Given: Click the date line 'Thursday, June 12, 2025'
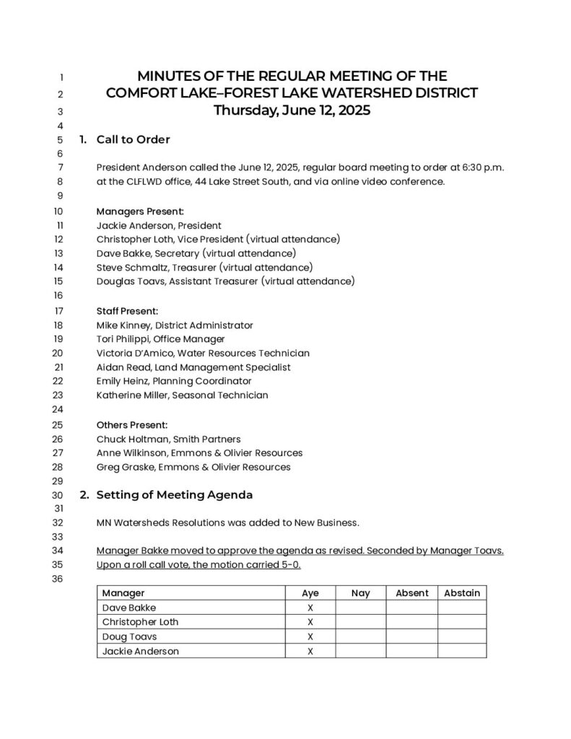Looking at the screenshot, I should point(292,110).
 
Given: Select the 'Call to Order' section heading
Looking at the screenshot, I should point(133,139).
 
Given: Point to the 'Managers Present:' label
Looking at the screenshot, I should point(140,211).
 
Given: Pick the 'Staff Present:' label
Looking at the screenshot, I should point(127,311).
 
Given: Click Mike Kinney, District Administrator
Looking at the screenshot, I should point(175,325).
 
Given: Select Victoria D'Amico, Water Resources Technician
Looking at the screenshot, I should point(203,353).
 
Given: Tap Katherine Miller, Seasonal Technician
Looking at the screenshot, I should point(182,395).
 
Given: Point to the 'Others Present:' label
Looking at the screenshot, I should point(132,424).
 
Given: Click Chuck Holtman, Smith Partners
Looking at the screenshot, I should point(169,439).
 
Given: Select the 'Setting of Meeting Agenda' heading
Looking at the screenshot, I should point(175,495).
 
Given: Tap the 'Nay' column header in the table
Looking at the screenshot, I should point(360,593).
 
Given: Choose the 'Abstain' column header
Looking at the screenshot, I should point(462,593).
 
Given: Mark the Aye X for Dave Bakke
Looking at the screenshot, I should point(310,608).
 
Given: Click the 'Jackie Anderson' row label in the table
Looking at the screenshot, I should point(141,651).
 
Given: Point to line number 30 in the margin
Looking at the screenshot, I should point(58,496).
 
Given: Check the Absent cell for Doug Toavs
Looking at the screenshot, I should point(411,637).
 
